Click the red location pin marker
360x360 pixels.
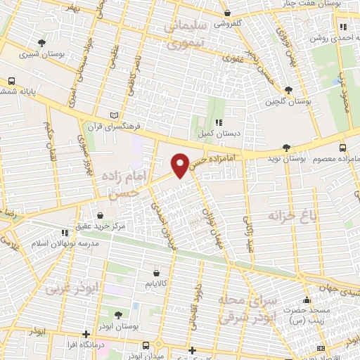click(x=180, y=165)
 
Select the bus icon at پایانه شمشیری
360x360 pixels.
click(x=12, y=82)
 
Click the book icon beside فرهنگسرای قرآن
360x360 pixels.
click(x=115, y=115)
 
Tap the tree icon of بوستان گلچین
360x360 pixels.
click(x=288, y=89)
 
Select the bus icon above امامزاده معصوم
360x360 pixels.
click(x=342, y=148)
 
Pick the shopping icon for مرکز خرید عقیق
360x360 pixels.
click(x=99, y=215)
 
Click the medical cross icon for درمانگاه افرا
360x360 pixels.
click(x=86, y=334)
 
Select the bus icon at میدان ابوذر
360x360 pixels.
click(x=146, y=345)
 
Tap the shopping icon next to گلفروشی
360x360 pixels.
click(x=226, y=13)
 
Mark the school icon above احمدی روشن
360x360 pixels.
click(x=345, y=27)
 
